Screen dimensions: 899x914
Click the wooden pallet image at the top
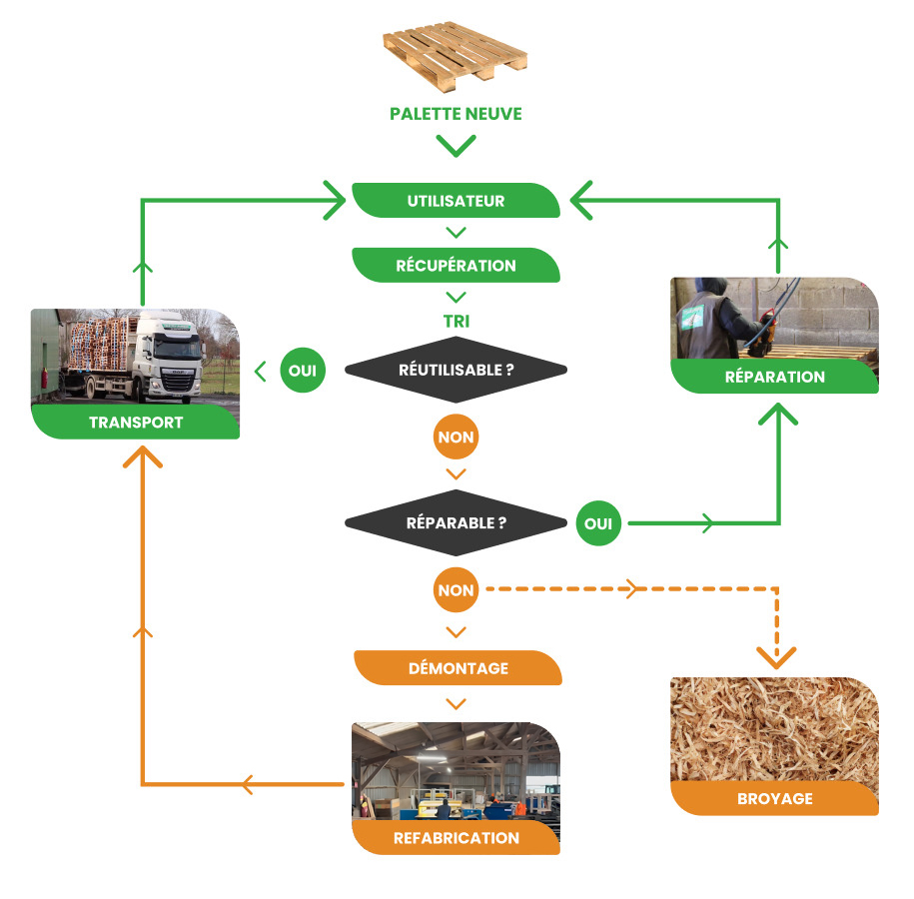point(456,56)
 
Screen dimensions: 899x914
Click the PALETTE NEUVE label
point(456,114)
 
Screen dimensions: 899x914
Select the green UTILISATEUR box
point(456,201)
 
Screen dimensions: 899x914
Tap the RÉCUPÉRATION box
point(456,266)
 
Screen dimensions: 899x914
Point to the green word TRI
point(457,323)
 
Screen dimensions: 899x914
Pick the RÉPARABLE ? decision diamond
point(456,522)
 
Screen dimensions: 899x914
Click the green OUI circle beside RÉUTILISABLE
point(302,371)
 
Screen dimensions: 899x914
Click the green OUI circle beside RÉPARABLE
point(598,522)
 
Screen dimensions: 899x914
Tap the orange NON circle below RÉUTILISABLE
point(456,437)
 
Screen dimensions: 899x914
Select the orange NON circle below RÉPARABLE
point(456,590)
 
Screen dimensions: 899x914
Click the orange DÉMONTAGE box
point(457,668)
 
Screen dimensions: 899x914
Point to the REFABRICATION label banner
point(457,838)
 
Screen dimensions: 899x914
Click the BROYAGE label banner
point(774,799)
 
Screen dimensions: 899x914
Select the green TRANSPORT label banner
point(136,423)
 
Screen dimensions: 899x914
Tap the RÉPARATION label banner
point(774,377)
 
